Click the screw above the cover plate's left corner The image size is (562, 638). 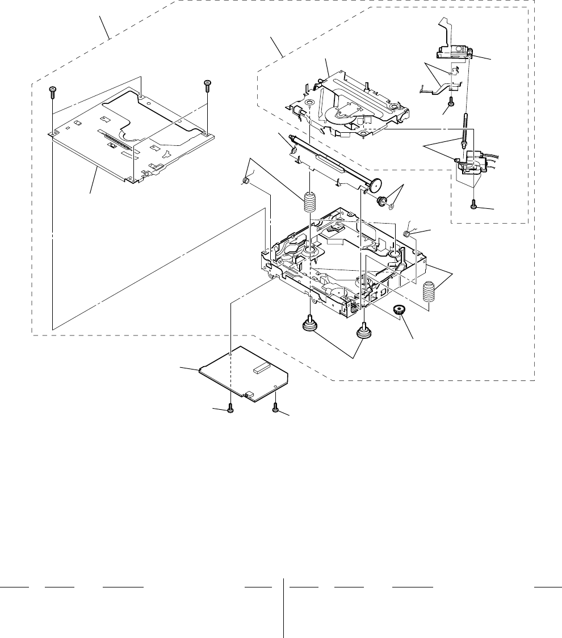[x=52, y=90]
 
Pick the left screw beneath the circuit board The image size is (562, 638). [x=230, y=409]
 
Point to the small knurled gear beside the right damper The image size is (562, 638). [x=401, y=310]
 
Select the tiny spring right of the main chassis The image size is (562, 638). [x=407, y=234]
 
